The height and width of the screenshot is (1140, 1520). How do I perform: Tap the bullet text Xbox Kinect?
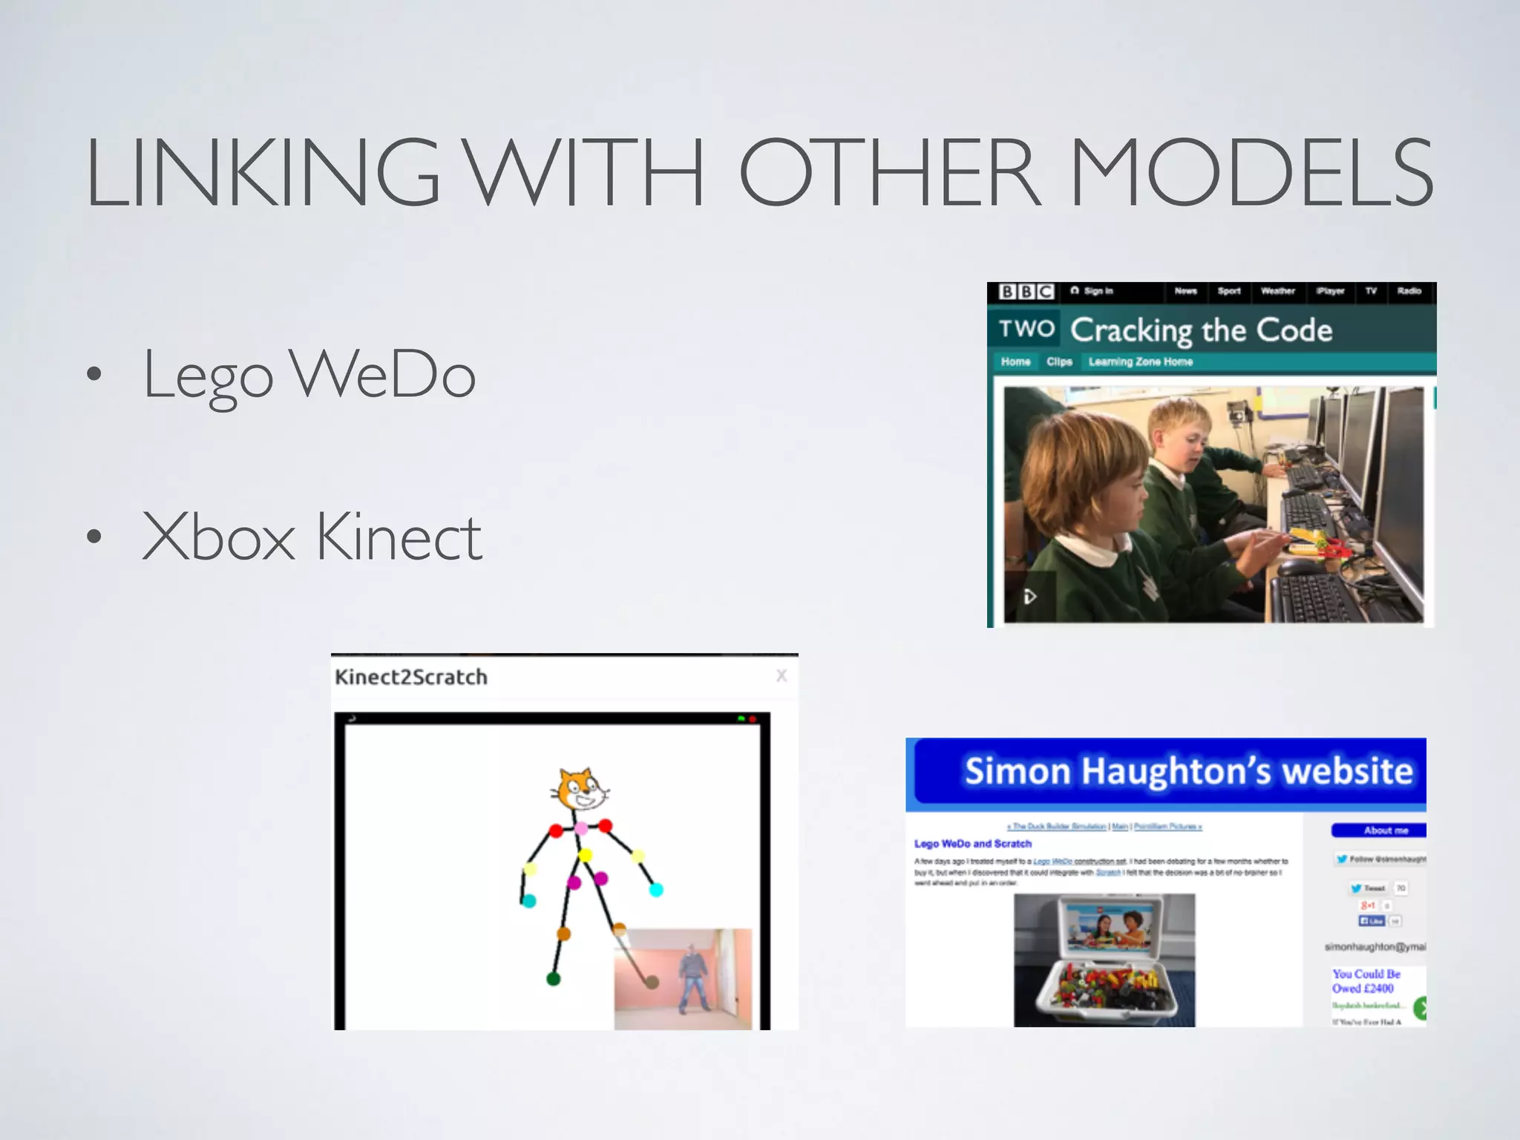pos(312,537)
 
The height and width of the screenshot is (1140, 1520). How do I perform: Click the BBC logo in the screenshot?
pos(1026,292)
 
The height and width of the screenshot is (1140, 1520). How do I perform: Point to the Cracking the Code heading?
pos(1201,330)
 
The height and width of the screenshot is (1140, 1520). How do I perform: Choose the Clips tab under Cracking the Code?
pos(1059,362)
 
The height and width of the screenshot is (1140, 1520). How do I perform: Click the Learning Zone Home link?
pos(1140,362)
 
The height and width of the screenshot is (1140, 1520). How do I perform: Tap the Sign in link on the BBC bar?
pos(1092,291)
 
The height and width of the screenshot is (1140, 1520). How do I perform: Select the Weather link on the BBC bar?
pos(1277,291)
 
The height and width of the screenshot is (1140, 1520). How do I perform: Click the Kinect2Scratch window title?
pos(411,678)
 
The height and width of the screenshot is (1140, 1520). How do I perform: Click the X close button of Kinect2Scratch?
pos(782,675)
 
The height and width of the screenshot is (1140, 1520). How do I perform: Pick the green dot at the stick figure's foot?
pos(553,979)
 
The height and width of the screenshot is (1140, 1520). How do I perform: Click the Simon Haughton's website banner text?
pos(1188,771)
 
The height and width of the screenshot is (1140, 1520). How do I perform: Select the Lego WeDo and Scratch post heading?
pos(972,844)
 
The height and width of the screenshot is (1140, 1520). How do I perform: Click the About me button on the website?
pos(1385,831)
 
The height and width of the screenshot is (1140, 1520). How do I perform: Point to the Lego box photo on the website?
pos(1104,960)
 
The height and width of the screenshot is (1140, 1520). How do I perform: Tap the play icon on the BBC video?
pos(1029,597)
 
